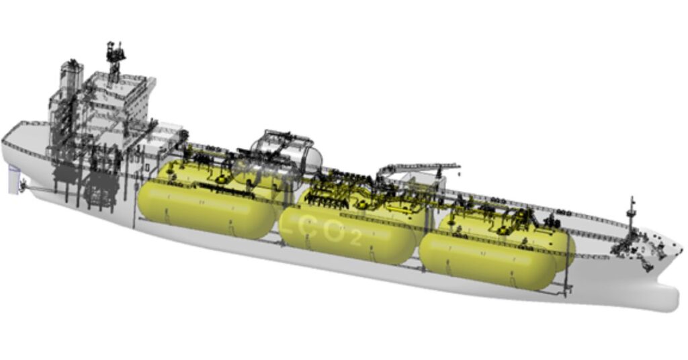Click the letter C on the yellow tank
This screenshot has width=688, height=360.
tap(309, 229)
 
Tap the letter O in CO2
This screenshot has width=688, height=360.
tap(334, 232)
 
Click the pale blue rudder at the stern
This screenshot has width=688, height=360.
tap(13, 180)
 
